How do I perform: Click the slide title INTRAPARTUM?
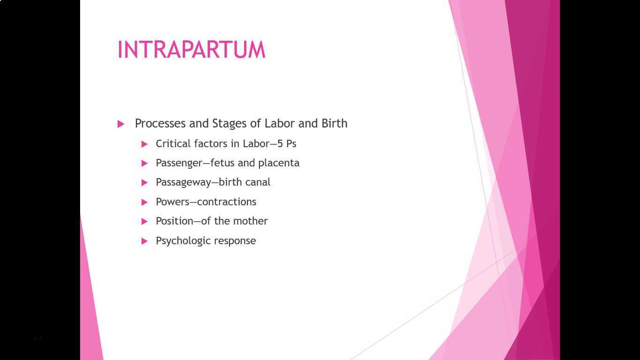click(191, 50)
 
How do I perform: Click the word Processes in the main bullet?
click(160, 123)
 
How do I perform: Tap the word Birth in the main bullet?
click(334, 123)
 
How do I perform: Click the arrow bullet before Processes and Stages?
click(121, 124)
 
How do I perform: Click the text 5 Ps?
click(287, 143)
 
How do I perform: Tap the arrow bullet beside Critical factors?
click(145, 144)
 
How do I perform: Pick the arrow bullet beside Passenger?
click(145, 163)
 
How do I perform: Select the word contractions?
click(227, 202)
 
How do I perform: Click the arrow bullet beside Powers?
click(145, 202)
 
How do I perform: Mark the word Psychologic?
click(181, 240)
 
